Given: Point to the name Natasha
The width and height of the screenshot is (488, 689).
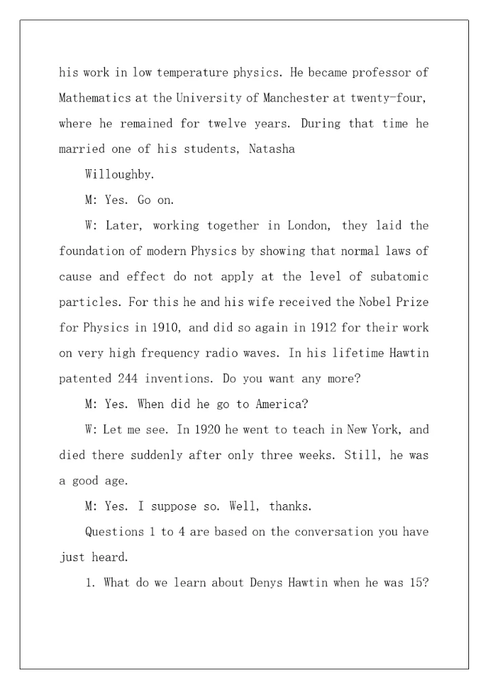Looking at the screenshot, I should point(272,150).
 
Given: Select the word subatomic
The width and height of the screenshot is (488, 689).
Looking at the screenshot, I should point(396,277).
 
